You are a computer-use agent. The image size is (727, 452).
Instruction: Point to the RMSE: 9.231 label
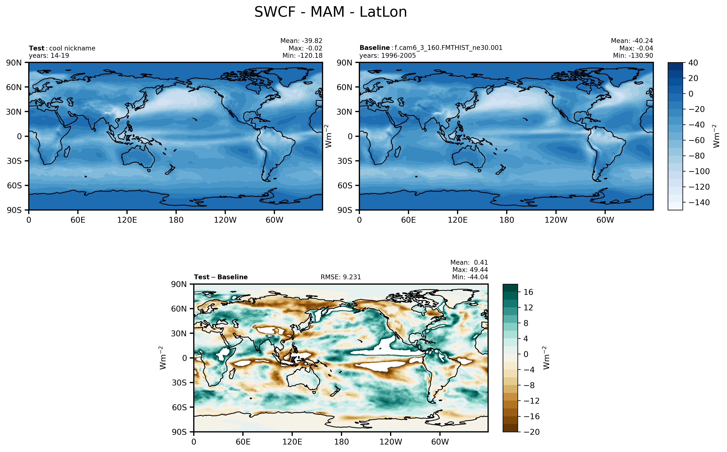click(x=341, y=277)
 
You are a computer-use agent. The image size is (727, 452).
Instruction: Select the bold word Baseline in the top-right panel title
click(x=374, y=48)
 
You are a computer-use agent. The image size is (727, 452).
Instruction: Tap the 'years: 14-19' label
click(x=49, y=56)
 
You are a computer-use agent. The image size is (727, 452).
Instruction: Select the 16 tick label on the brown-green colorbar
click(x=528, y=292)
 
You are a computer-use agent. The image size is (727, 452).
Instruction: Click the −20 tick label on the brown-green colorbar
click(x=531, y=432)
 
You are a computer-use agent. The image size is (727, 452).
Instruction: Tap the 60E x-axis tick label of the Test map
click(x=78, y=220)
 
